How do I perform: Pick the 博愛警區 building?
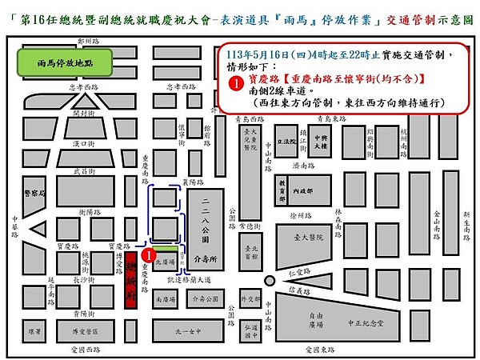click(85, 329)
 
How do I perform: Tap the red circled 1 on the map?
click(148, 254)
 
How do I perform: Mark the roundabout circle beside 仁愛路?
click(266, 281)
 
